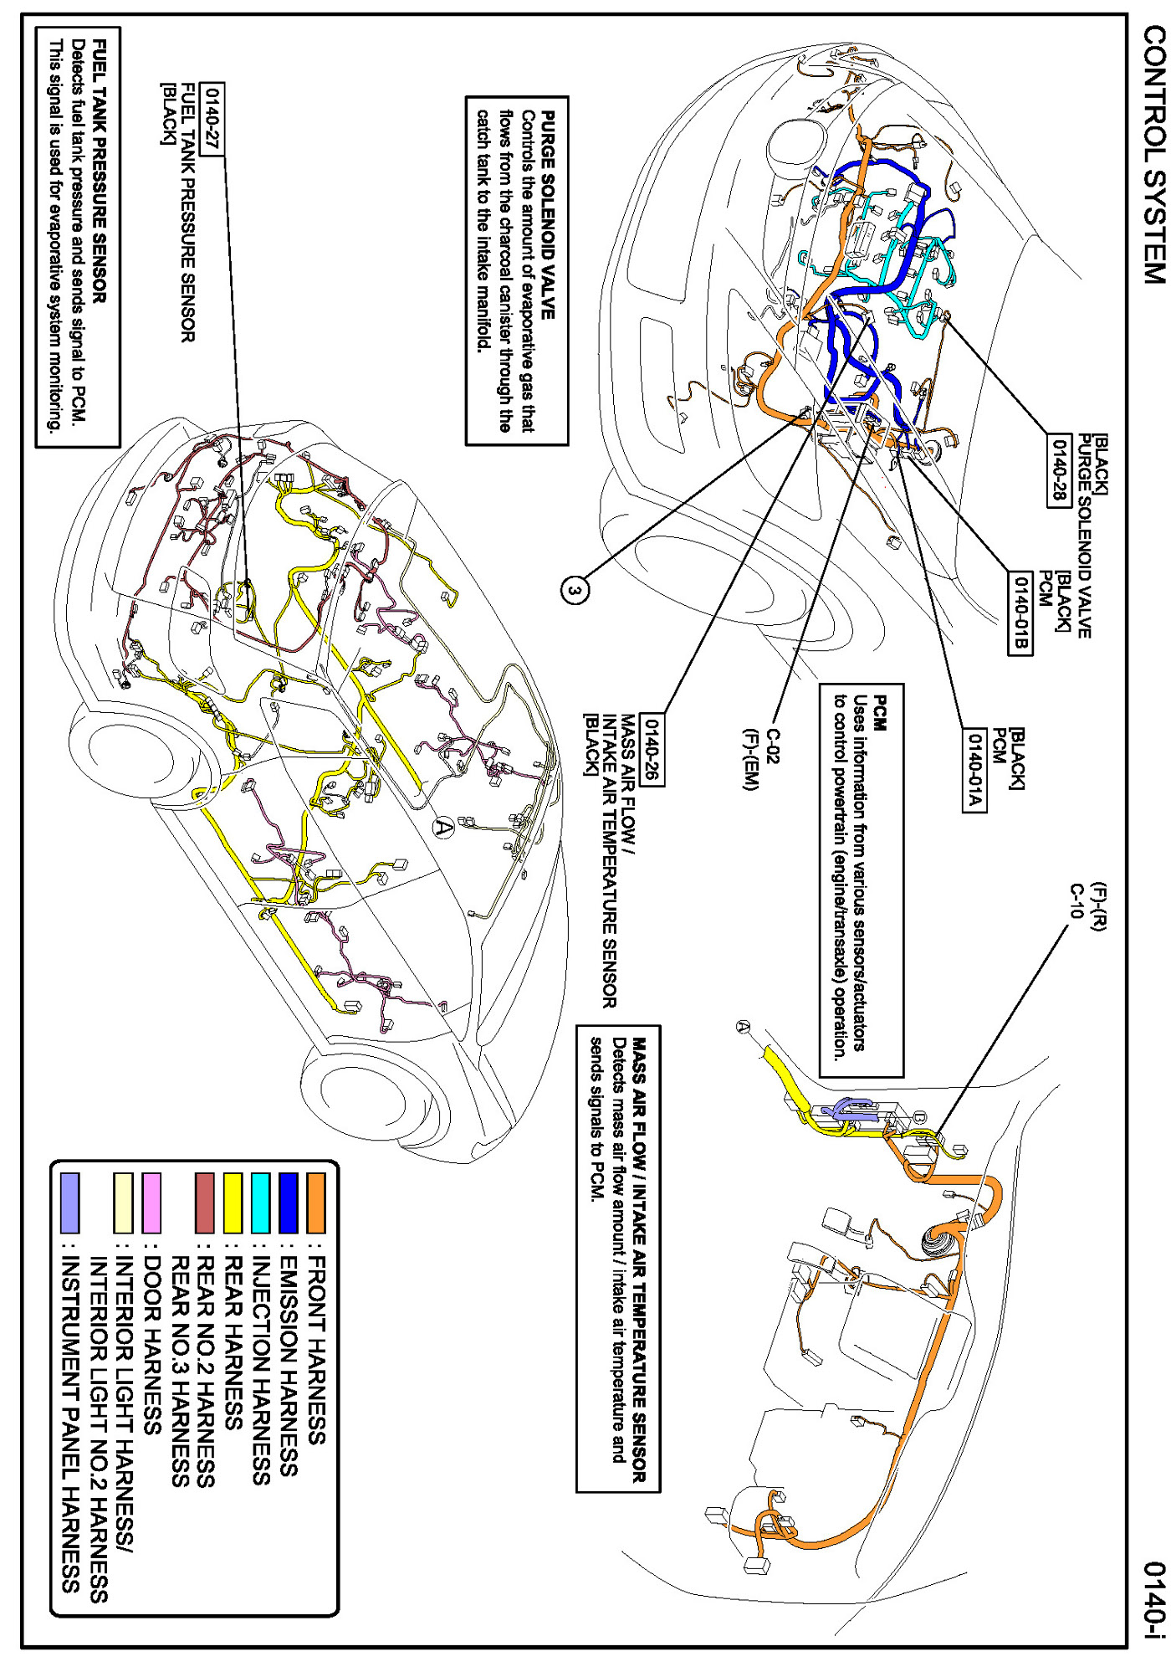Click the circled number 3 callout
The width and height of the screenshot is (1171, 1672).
[575, 591]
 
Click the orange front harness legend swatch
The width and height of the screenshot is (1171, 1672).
[316, 1203]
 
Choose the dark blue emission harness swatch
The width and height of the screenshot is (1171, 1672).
[289, 1203]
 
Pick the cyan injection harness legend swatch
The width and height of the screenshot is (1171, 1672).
[261, 1203]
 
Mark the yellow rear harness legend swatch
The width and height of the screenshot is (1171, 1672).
[233, 1203]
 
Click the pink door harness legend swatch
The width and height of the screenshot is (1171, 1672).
[151, 1203]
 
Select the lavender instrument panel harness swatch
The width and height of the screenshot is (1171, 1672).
[70, 1203]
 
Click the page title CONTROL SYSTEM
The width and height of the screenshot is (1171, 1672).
[1154, 154]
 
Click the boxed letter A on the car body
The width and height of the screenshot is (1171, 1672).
[443, 828]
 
